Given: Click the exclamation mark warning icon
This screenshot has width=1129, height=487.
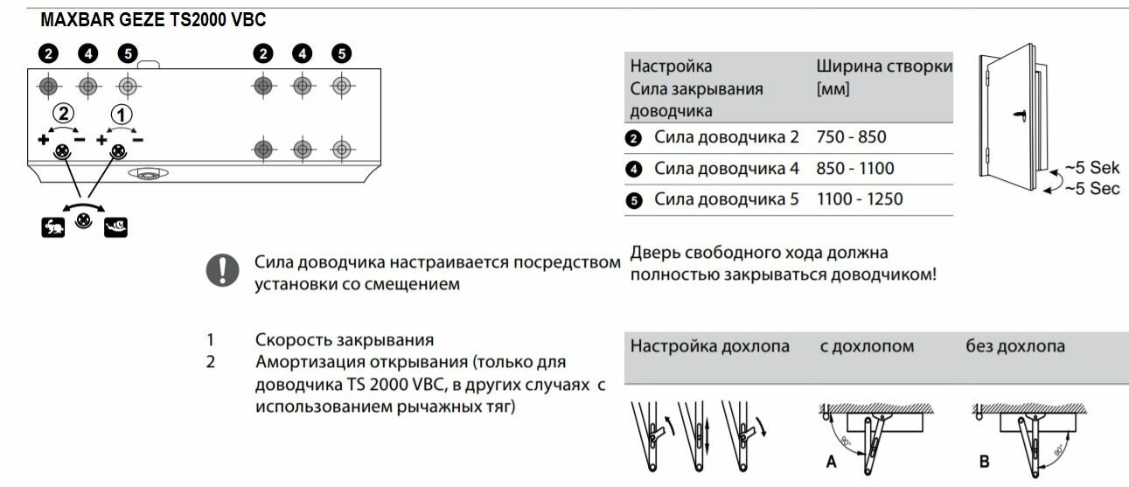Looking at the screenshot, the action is point(222,270).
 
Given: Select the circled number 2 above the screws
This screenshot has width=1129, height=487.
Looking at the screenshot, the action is point(63,113).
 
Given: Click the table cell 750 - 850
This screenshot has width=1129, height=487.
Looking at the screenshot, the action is point(848,138).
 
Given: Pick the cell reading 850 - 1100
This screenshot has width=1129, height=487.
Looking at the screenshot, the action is point(854,169).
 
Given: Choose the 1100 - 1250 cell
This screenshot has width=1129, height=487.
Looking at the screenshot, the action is point(859,199).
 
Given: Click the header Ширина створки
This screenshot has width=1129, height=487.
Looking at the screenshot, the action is point(883,66).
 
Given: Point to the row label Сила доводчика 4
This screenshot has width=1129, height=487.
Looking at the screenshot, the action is point(726,169).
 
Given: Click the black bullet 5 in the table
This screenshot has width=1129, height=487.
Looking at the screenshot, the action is point(635,200).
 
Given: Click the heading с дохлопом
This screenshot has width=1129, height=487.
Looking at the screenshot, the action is point(867,346).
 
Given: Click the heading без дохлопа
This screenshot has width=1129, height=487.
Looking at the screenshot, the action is point(1014,346).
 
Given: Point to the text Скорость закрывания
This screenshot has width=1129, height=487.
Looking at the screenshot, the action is point(345,339).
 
